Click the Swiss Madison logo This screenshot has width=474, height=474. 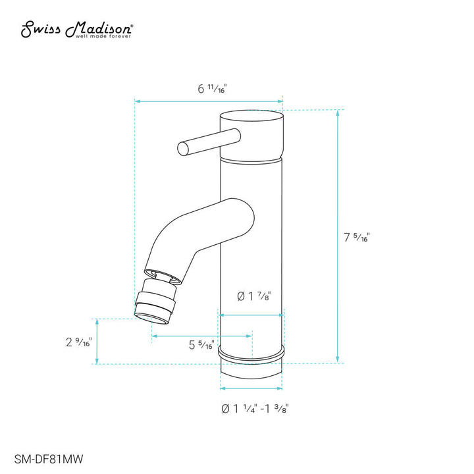[x=78, y=30]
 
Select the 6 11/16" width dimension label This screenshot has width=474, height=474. [x=211, y=90]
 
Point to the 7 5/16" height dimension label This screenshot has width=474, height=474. [x=357, y=238]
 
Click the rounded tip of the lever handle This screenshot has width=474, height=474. [x=182, y=148]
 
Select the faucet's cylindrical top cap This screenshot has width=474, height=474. [x=251, y=136]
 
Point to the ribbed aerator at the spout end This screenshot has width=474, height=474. [x=157, y=301]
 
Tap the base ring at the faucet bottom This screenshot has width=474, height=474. [x=251, y=356]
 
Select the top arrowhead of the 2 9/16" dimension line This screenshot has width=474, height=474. [x=97, y=321]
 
